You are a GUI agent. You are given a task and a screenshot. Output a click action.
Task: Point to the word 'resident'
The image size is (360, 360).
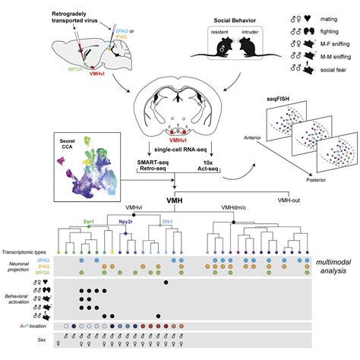click(x=215, y=37)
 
